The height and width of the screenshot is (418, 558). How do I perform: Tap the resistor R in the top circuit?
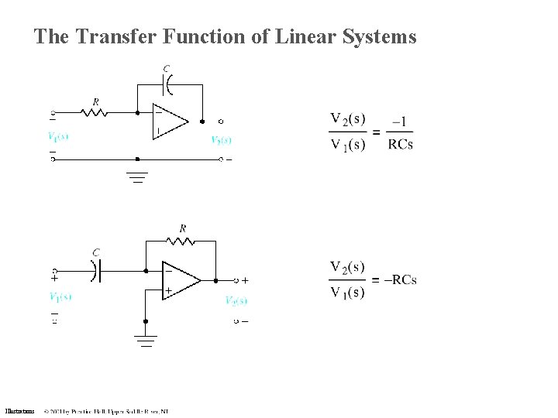[x=94, y=112]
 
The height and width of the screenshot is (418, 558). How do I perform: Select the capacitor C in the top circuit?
[x=168, y=79]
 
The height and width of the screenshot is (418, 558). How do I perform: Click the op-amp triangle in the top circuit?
[x=170, y=121]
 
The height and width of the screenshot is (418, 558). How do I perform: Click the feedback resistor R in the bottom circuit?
[x=182, y=241]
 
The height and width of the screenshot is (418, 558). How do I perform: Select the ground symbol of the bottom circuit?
[x=145, y=339]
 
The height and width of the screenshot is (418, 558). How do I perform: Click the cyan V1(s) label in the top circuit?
[x=58, y=137]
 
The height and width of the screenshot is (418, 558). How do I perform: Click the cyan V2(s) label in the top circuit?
[x=221, y=140]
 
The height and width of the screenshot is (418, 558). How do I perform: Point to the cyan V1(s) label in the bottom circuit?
[x=60, y=296]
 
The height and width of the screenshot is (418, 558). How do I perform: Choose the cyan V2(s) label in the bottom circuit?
[x=236, y=300]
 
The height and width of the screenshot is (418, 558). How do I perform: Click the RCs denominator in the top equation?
[x=400, y=144]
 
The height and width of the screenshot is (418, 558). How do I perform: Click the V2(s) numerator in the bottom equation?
[x=347, y=267]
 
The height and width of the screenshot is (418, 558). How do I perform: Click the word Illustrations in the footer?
[x=19, y=411]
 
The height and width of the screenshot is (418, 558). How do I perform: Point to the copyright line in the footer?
[x=106, y=411]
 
